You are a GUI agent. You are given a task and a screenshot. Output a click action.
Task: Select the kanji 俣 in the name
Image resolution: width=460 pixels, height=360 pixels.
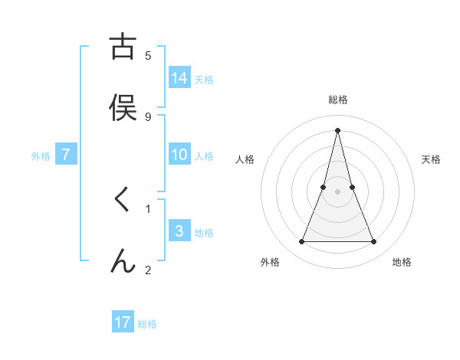pos(123,107)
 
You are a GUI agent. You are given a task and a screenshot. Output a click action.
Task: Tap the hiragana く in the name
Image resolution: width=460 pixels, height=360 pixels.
pos(122,200)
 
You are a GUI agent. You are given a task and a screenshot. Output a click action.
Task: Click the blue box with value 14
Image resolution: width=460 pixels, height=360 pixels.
pos(179,78)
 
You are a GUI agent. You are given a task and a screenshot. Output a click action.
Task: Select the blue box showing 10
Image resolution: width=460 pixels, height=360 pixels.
pos(179,155)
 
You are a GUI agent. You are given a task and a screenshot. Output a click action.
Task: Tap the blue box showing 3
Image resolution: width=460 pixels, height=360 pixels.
pos(179,231)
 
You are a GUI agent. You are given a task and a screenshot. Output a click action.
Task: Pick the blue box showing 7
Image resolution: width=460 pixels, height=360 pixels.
pos(66,155)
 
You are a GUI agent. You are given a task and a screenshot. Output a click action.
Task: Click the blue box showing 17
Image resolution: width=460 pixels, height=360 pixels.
pos(123,322)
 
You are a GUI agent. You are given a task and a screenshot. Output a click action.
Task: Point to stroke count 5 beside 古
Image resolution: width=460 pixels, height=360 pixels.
pos(148,55)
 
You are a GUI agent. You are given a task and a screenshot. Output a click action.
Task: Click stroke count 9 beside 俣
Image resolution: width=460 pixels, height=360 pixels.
pos(148,116)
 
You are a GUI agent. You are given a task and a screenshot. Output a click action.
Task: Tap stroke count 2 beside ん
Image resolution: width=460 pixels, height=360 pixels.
pos(148,270)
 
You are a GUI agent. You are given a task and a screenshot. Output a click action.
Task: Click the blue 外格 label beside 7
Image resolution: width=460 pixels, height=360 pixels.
pos(41,156)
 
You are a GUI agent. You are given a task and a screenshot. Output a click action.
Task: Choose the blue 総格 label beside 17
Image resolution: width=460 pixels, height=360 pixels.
pos(147,324)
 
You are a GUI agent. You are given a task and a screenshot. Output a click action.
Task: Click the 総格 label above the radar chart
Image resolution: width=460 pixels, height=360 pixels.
pos(337,100)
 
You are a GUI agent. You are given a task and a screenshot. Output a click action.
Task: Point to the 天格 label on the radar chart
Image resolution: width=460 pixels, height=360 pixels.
pos(431,159)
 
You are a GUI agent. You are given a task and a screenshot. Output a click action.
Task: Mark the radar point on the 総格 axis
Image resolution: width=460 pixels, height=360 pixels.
pos(337,129)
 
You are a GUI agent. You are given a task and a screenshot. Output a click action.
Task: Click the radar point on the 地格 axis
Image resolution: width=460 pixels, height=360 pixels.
pos(373,242)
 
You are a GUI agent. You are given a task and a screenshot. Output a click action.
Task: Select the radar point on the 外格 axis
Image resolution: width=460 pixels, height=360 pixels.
pos(301,242)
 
